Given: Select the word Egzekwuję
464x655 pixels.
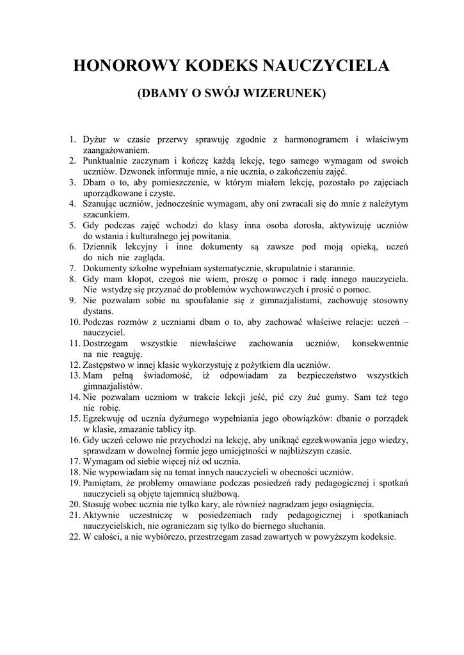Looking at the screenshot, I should (106, 418).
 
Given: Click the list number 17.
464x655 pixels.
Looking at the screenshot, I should (74, 461).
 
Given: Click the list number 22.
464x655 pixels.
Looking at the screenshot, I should (74, 536).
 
